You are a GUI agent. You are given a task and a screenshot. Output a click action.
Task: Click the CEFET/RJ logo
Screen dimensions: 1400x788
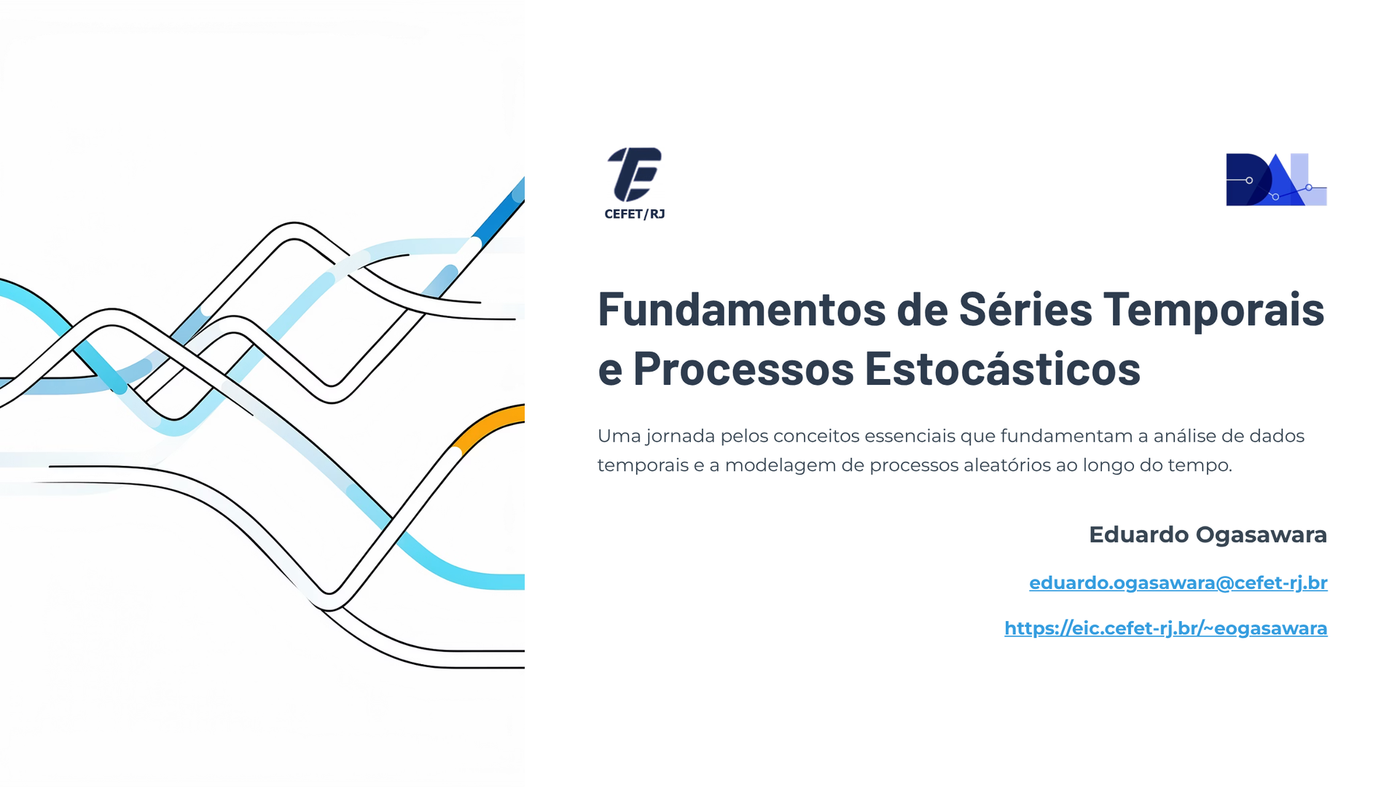tap(634, 183)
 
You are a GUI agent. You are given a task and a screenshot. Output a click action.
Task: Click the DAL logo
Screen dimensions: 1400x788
tap(1276, 179)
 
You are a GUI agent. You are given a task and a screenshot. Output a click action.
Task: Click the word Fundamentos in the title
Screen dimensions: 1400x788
tap(741, 308)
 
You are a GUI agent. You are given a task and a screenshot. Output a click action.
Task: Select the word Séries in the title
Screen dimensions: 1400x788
tap(1025, 308)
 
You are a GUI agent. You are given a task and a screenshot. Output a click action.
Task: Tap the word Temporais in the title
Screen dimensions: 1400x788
tap(1213, 310)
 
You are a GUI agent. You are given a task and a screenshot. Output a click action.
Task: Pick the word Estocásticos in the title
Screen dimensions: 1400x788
tap(1003, 368)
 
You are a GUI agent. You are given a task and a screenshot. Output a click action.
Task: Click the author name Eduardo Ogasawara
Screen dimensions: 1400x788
tap(1208, 534)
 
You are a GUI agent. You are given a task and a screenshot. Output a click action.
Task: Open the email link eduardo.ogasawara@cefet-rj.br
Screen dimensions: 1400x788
tap(1178, 583)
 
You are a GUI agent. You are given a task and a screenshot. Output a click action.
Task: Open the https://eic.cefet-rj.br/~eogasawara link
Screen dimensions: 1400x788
tap(1166, 628)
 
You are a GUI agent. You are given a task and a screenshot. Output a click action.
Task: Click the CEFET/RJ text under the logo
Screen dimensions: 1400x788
tap(634, 214)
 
